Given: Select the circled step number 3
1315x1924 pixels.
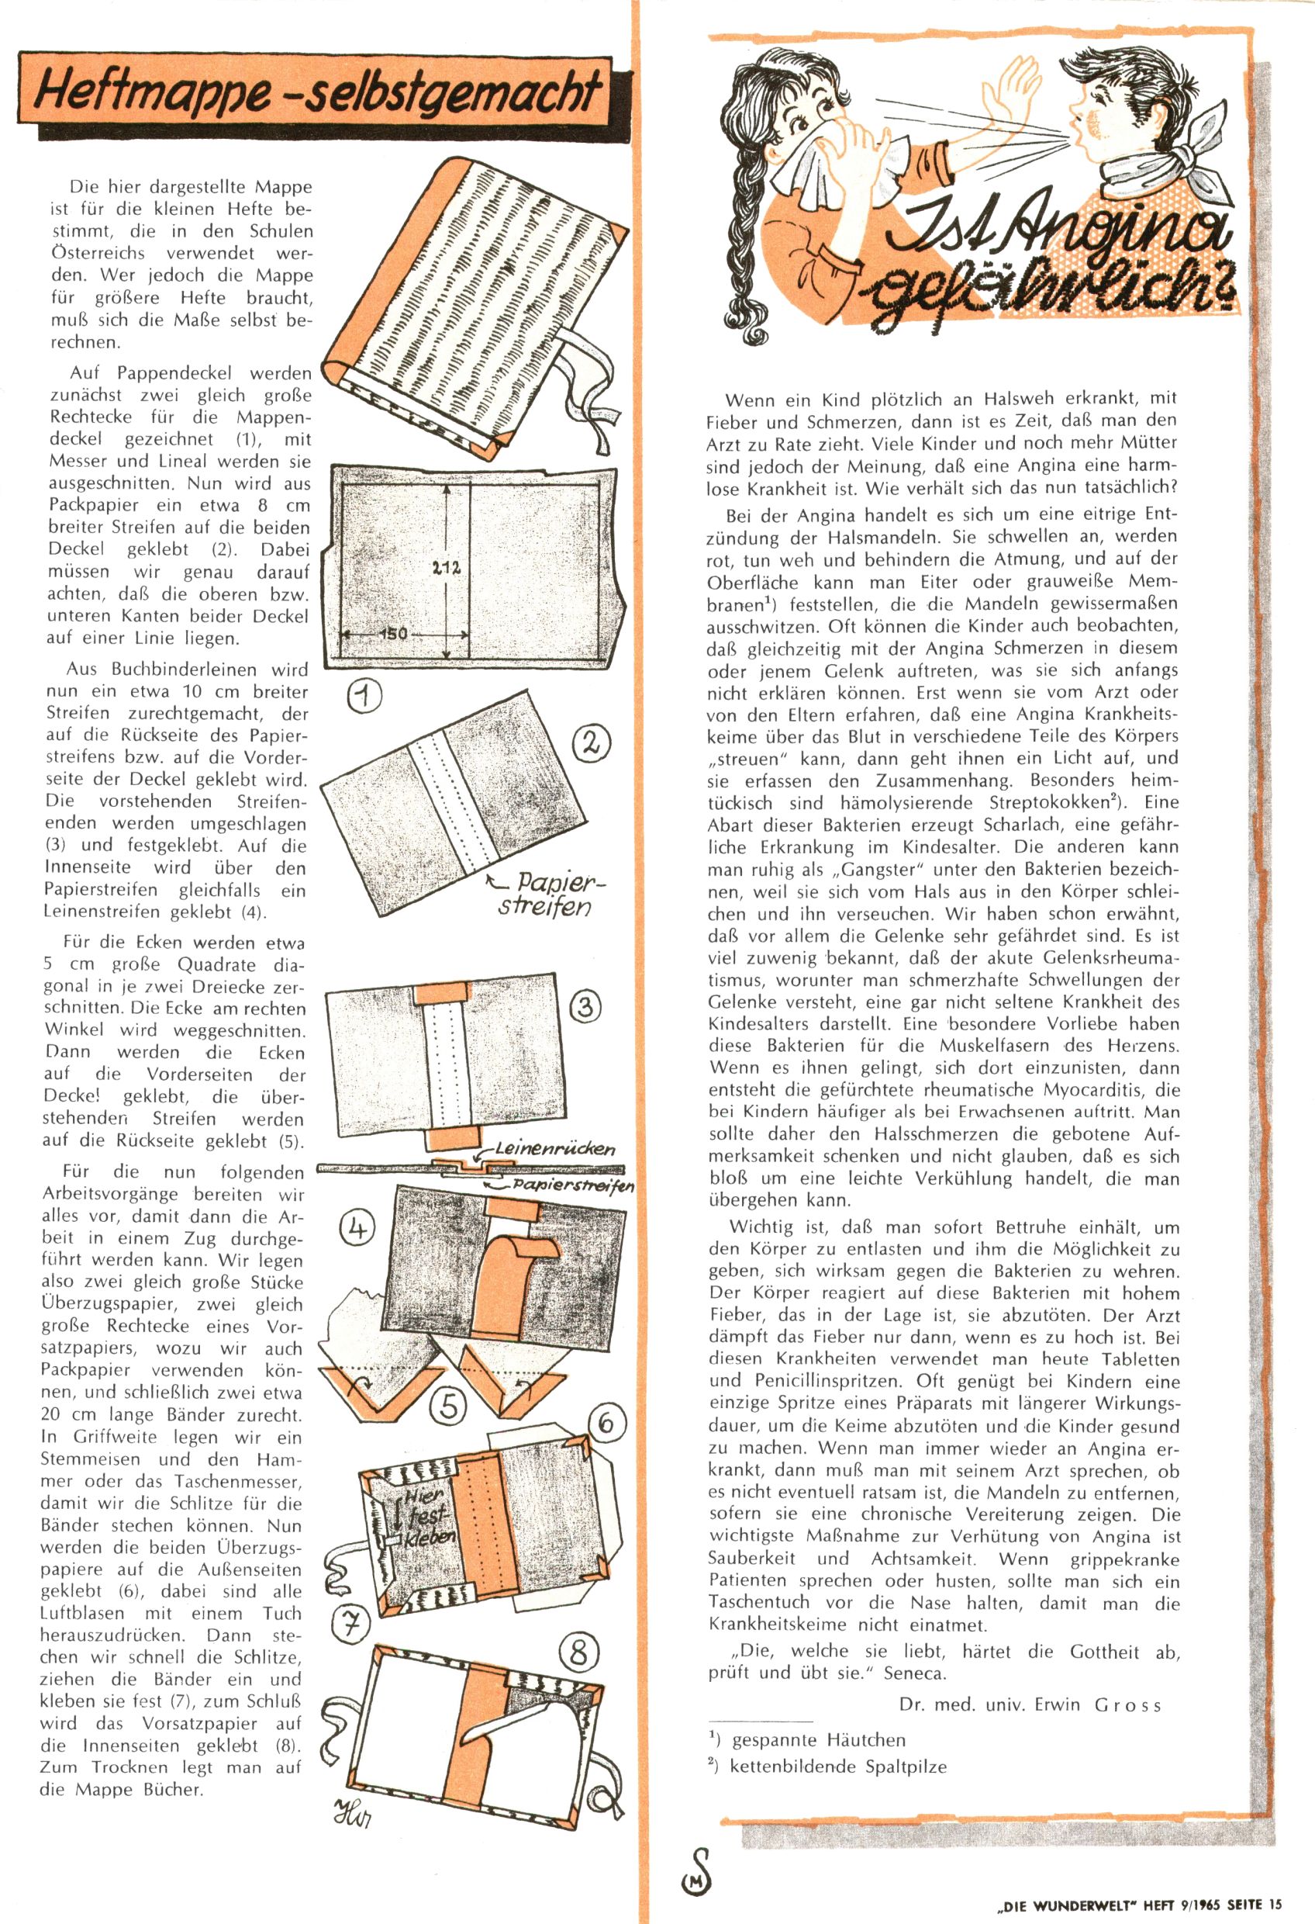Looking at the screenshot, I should [x=585, y=1007].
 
